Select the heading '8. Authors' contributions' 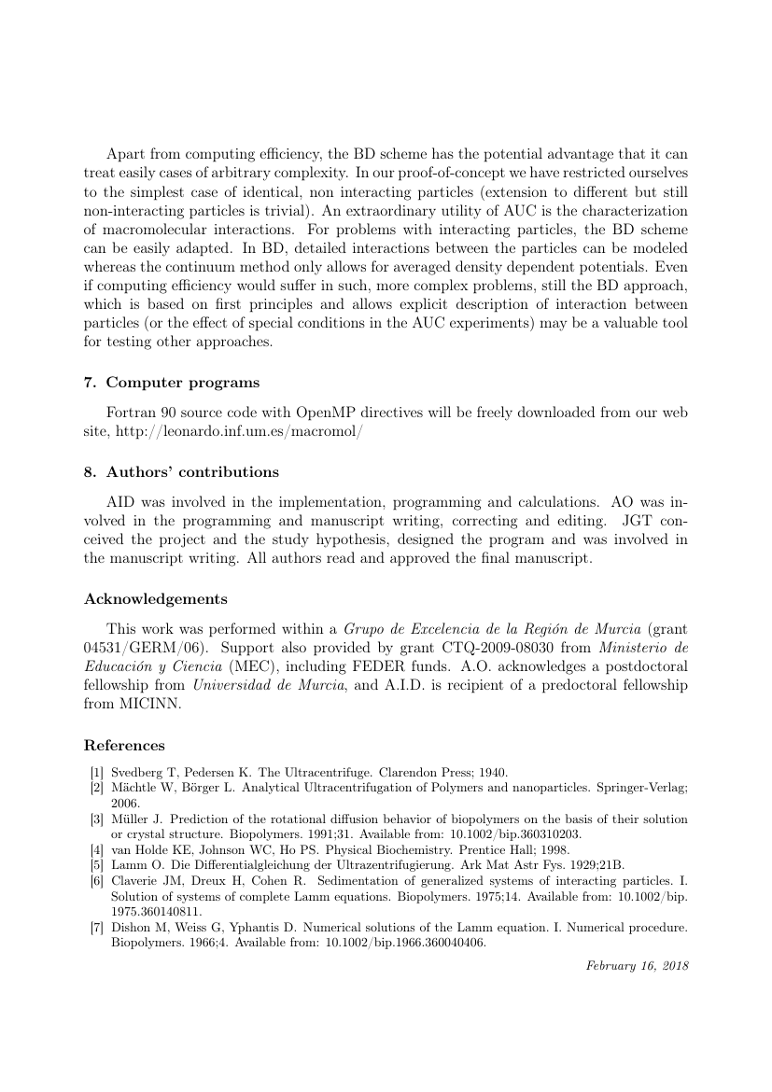pos(181,471)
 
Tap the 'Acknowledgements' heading pos(156,598)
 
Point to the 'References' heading pos(124,746)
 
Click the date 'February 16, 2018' pos(637,965)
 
